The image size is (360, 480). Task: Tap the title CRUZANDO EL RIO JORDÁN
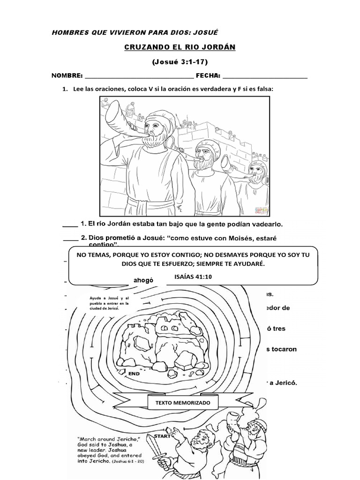point(180,48)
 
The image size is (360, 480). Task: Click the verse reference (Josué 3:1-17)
point(180,61)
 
